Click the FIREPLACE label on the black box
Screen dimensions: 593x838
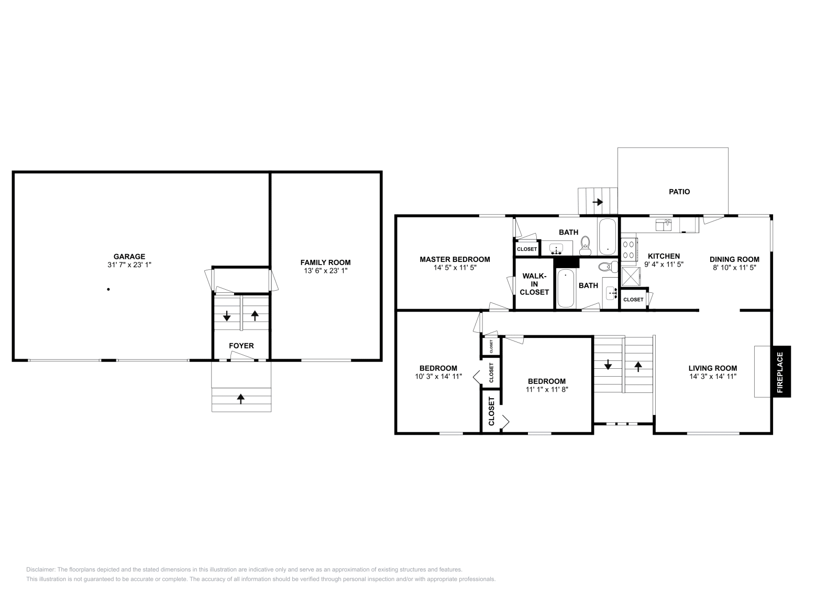click(x=779, y=372)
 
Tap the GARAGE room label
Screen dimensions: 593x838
click(x=129, y=256)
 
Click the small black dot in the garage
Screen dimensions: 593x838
click(x=108, y=289)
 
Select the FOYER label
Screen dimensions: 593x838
click(x=241, y=346)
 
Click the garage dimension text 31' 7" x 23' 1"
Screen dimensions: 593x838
click(x=129, y=265)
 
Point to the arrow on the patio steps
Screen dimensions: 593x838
click(x=598, y=202)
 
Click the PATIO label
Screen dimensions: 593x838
click(x=679, y=192)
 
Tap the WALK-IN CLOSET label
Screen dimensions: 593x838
click(x=534, y=284)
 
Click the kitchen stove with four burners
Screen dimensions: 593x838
click(x=629, y=248)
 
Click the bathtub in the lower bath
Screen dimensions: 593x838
click(x=566, y=288)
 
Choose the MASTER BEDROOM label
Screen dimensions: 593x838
click(x=455, y=259)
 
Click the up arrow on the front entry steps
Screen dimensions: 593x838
click(x=241, y=399)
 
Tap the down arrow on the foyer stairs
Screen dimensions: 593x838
click(x=227, y=316)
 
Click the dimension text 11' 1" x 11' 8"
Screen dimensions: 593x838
click(x=547, y=390)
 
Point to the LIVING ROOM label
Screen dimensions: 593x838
click(x=712, y=368)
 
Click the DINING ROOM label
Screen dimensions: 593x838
click(x=734, y=259)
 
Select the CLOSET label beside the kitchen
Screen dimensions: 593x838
click(x=633, y=300)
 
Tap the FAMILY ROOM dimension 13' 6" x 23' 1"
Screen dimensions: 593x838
click(x=325, y=271)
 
